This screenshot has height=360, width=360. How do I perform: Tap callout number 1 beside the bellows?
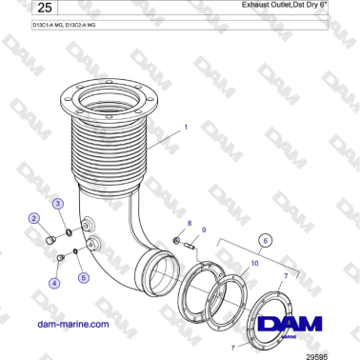coord(187,125)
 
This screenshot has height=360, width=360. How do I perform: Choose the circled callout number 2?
coord(34,219)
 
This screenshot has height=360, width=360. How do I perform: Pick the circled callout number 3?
coord(58,204)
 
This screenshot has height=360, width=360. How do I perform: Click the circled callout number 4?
coord(54,283)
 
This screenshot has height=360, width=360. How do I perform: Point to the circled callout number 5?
coord(83,277)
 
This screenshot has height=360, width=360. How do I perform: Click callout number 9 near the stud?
coord(203,230)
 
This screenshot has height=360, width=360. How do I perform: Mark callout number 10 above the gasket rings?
coord(252,261)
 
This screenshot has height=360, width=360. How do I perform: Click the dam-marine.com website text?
coord(72,324)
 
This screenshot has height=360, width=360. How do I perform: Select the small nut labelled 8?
coord(177,238)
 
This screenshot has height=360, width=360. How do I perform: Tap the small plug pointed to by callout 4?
coord(60,257)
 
